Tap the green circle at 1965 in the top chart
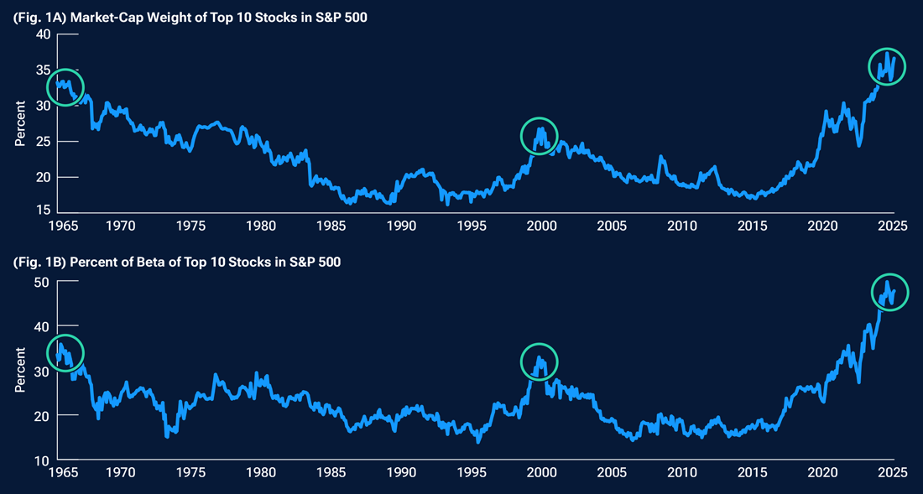tap(65, 87)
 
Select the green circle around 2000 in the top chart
tap(540, 135)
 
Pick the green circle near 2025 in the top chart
tap(887, 67)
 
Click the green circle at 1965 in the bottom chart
tap(65, 351)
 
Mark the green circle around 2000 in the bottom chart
tap(540, 361)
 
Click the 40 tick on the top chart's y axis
tap(42, 34)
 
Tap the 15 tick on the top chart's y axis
tap(42, 210)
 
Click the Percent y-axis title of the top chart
tap(20, 122)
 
